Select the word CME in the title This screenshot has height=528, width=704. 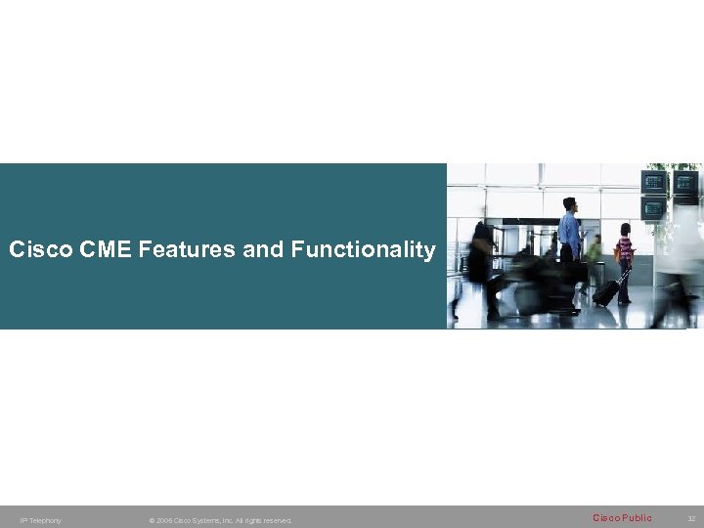coord(103,250)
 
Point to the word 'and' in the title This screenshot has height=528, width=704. coord(264,250)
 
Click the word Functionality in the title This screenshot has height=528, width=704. coord(363,250)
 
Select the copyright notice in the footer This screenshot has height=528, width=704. coord(220,520)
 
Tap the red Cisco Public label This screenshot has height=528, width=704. coord(622,517)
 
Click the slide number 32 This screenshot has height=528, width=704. coord(691,518)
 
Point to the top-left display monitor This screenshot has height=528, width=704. coord(654,182)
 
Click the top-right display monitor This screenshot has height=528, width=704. coord(686,183)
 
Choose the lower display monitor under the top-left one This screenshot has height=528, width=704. coord(653,208)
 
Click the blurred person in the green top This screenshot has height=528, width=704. coord(594,249)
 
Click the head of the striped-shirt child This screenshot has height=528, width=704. coord(624,231)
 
